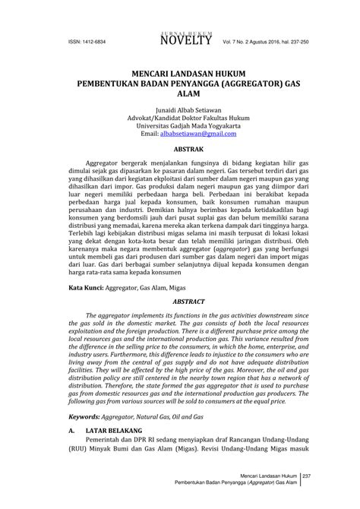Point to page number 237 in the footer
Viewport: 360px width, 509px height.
308,476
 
